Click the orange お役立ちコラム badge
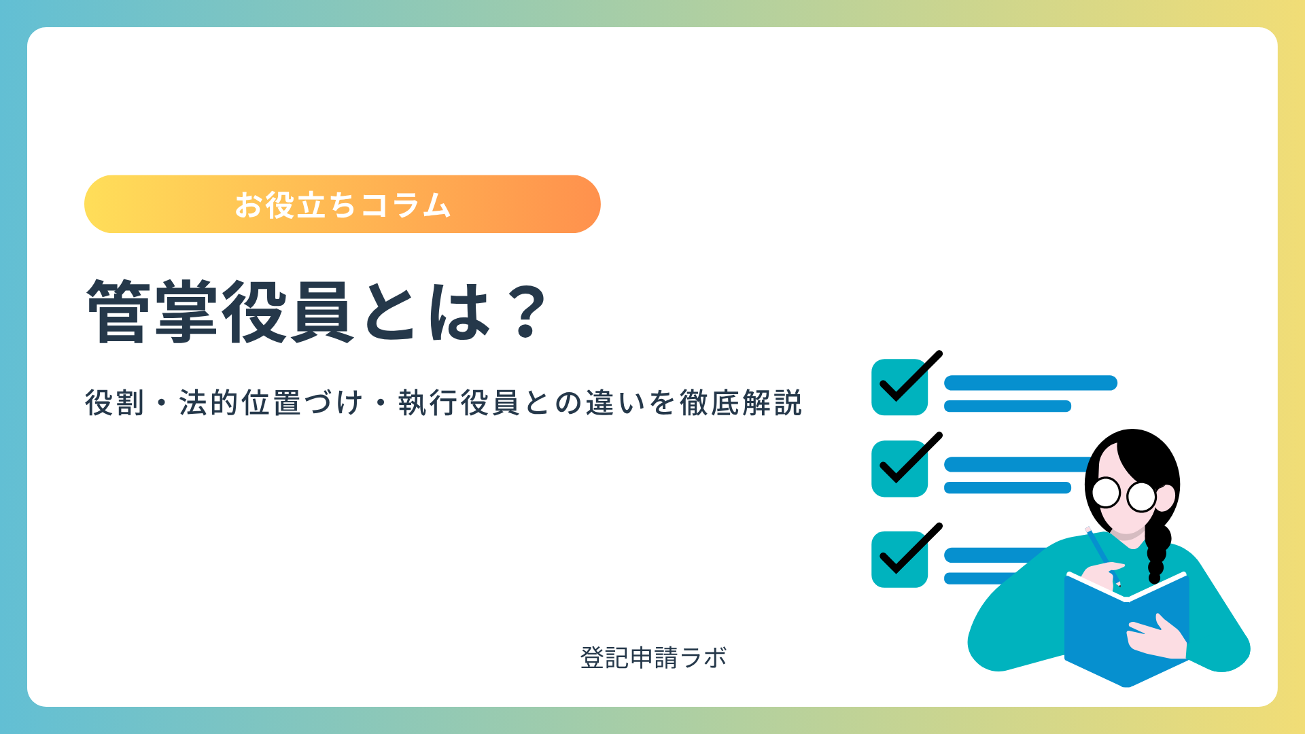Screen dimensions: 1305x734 [x=343, y=205]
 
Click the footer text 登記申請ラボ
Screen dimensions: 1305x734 [x=653, y=658]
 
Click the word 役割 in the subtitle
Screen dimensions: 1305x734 [x=115, y=403]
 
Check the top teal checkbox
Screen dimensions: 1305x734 [x=900, y=387]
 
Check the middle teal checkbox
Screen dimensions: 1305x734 [x=900, y=469]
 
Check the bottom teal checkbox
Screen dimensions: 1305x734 [x=900, y=559]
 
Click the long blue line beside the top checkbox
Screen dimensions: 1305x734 [x=1030, y=383]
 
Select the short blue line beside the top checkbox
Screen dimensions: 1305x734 [x=1007, y=406]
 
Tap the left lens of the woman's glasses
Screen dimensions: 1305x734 [x=1106, y=492]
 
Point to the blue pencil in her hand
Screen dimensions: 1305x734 [x=1102, y=556]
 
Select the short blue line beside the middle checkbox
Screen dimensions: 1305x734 [x=1007, y=487]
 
